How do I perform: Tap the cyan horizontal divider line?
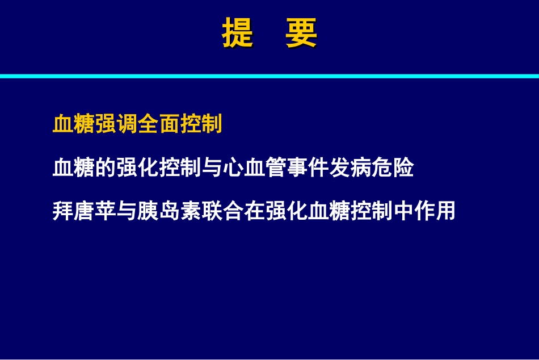click(x=269, y=76)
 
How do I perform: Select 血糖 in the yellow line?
click(x=74, y=124)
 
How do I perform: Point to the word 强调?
click(x=116, y=124)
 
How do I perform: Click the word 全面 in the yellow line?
click(x=159, y=124)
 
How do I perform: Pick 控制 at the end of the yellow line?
click(x=201, y=124)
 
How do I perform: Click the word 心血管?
click(x=255, y=168)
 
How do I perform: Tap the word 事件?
click(x=308, y=168)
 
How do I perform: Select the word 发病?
click(x=350, y=168)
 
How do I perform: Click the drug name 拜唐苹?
click(x=84, y=211)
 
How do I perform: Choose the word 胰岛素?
click(x=169, y=211)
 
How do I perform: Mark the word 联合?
click(x=222, y=211)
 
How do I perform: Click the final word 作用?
click(x=435, y=211)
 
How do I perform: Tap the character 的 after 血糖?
click(x=106, y=168)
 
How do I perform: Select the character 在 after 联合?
click(x=254, y=211)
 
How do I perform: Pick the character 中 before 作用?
click(x=403, y=211)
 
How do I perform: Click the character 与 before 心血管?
click(x=212, y=168)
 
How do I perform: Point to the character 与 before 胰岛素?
click(x=127, y=211)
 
